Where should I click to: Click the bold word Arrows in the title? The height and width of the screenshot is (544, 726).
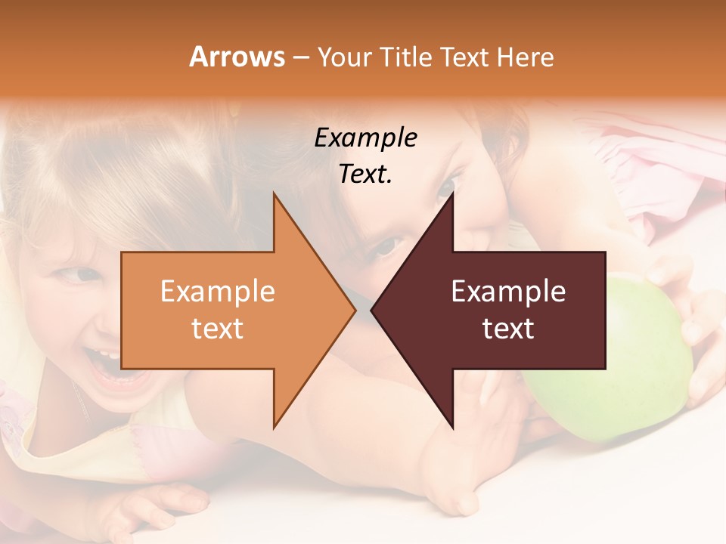pos(237,57)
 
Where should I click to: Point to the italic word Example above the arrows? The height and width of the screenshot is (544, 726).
pos(365,138)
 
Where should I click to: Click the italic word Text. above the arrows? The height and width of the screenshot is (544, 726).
pos(365,175)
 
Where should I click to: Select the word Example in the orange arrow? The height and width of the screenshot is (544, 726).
pos(217,292)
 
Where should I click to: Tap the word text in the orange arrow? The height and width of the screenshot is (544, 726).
pos(217,328)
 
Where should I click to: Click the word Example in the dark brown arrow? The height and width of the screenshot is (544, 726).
pos(508,292)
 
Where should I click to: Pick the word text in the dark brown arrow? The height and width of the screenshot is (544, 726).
pos(508,328)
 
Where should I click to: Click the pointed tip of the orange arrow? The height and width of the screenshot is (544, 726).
pos(355,310)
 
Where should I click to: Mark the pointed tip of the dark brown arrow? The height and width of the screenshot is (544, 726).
pos(372,310)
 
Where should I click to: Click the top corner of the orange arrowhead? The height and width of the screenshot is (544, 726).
pos(275,193)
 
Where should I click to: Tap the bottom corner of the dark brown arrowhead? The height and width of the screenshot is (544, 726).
pos(453,428)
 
